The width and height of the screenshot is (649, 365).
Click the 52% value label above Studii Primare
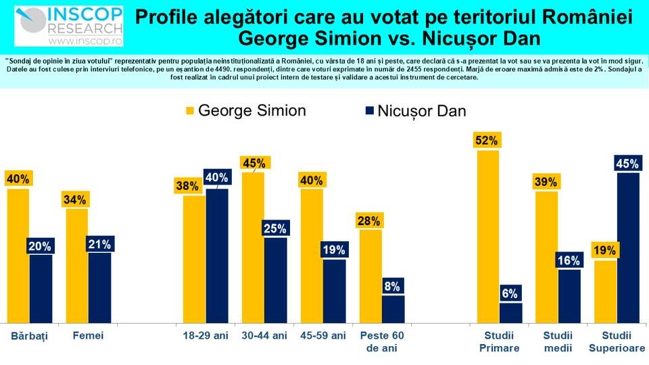[x=487, y=141]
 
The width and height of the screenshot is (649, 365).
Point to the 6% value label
[x=510, y=293]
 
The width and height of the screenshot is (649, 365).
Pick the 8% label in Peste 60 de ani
[x=393, y=285]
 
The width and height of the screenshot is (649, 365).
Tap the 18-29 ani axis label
[x=206, y=336]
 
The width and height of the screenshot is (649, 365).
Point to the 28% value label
[x=370, y=220]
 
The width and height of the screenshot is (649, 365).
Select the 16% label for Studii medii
[x=568, y=260]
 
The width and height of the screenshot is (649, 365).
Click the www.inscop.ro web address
[x=88, y=42]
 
